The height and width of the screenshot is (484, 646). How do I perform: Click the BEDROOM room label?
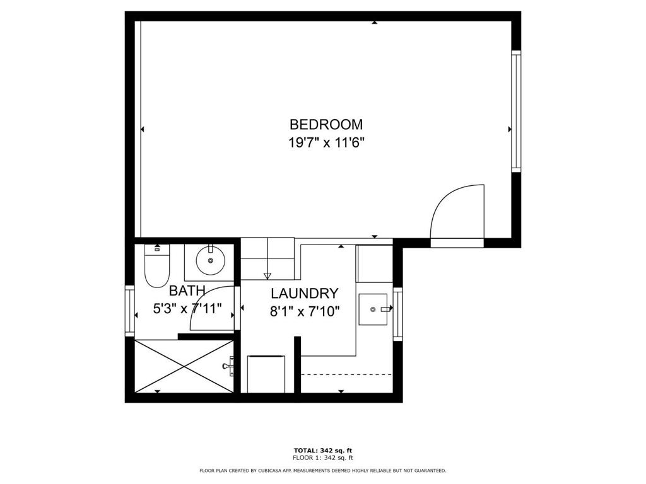[x=326, y=124]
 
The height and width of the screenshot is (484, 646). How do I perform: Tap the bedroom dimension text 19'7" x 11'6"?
[x=326, y=143]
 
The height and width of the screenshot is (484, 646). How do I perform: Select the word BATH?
[x=187, y=291]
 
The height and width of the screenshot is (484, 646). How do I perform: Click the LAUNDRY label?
[x=304, y=294]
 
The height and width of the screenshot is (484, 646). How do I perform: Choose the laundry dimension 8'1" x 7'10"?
[x=305, y=311]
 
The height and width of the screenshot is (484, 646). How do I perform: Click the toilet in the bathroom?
[x=156, y=267]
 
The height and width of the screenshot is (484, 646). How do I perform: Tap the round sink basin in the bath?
[x=209, y=258]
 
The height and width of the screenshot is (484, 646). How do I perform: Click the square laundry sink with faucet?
[x=373, y=309]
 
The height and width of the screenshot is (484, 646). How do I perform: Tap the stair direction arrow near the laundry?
[x=267, y=275]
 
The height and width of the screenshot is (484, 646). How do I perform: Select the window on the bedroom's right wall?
[x=516, y=112]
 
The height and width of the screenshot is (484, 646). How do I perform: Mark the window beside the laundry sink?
[x=397, y=314]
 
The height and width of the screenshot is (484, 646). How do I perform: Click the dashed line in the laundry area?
[x=346, y=374]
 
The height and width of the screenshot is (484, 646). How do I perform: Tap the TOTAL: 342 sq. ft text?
[x=322, y=450]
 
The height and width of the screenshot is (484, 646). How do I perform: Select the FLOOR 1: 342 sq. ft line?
[x=322, y=458]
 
